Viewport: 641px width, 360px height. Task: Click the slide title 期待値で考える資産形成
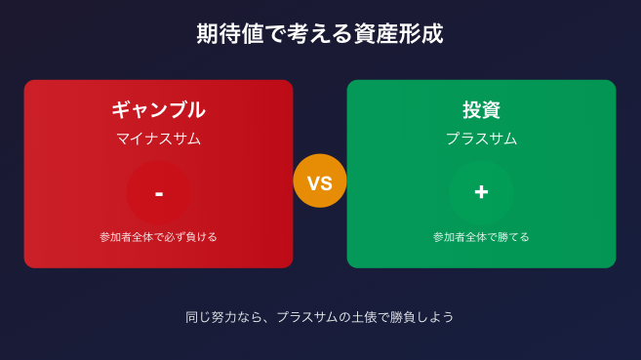point(320,33)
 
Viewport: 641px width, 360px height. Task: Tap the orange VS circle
point(320,180)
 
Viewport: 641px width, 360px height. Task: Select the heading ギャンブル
point(159,110)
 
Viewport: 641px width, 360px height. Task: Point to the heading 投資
point(481,110)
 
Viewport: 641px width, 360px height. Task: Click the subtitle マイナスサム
point(159,139)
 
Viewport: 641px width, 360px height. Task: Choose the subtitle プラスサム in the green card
point(481,139)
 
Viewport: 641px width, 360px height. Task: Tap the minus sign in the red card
point(159,194)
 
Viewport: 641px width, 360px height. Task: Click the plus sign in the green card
point(481,192)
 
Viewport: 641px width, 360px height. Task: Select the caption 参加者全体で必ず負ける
point(158,237)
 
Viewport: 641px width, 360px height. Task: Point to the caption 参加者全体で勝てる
point(481,237)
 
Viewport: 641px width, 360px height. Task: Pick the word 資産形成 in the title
point(399,33)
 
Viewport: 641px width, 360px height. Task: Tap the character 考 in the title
point(298,33)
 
